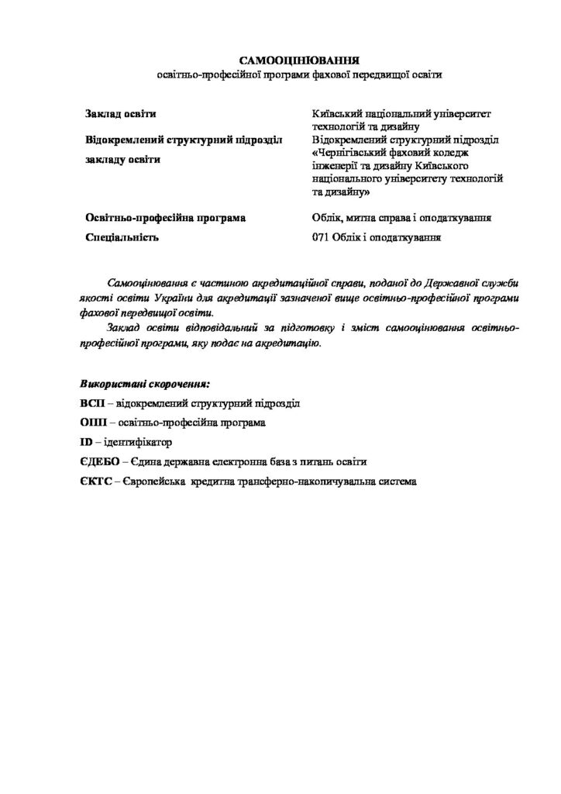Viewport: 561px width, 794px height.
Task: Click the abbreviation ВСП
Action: [92, 404]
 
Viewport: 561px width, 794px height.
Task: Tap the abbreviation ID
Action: [86, 443]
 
